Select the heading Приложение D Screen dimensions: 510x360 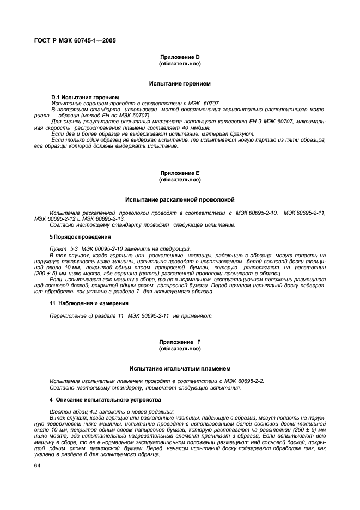coord(180,58)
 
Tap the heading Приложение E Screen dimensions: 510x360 coord(180,173)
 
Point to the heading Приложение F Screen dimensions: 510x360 coord(180,342)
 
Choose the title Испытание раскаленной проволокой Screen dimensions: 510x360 coord(180,199)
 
